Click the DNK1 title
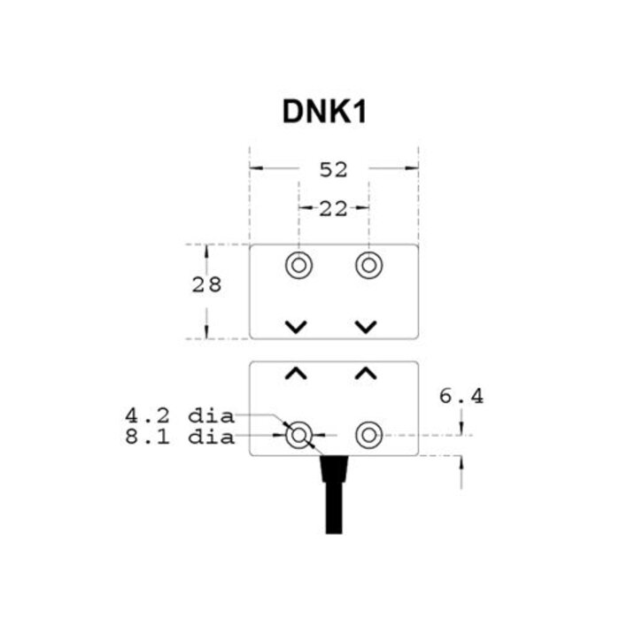point(323,112)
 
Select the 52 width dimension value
point(333,169)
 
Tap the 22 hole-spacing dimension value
point(333,208)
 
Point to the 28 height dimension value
point(206,285)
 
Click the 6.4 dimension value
point(461,397)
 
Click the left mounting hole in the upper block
point(298,265)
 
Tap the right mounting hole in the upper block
point(368,265)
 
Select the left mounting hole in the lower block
point(298,435)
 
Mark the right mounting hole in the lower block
point(368,435)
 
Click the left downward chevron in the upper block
point(297,327)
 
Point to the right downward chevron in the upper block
point(366,327)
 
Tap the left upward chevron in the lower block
point(297,374)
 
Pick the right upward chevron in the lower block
point(366,374)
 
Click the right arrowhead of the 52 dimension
point(412,168)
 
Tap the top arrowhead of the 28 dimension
point(206,250)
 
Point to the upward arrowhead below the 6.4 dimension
point(461,461)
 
